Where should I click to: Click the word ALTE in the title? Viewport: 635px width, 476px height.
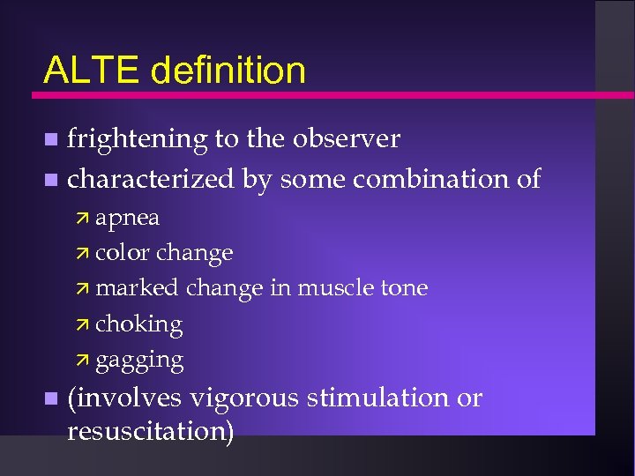[93, 71]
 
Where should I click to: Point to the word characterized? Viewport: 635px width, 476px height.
[151, 179]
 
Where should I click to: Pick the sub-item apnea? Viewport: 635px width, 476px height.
[127, 218]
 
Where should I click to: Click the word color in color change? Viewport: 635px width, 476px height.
[123, 253]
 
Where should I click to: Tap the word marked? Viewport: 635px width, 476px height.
[136, 288]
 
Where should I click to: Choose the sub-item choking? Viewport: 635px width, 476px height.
[138, 324]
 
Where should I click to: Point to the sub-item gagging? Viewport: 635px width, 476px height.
[139, 361]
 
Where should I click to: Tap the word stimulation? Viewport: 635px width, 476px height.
[378, 398]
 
